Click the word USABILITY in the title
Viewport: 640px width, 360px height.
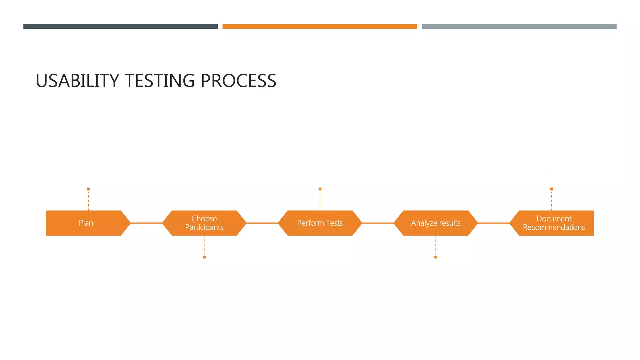tap(77, 81)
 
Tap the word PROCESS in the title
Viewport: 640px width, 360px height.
tap(238, 81)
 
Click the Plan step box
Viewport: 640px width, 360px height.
tap(86, 223)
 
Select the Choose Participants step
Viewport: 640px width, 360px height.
tap(204, 223)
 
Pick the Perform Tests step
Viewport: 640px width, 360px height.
tap(320, 223)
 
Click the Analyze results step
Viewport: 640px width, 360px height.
tap(436, 223)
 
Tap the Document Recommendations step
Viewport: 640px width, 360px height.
tap(553, 223)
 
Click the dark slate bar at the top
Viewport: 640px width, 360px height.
tap(120, 27)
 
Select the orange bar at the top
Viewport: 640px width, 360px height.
tap(320, 27)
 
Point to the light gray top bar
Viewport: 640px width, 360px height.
tap(519, 27)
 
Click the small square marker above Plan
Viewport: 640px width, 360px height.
tap(88, 189)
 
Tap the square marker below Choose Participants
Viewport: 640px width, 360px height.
tap(204, 257)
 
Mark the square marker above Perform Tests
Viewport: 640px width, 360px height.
tap(320, 189)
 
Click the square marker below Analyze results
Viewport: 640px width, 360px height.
tap(436, 257)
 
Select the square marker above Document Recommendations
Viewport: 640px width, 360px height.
tap(552, 189)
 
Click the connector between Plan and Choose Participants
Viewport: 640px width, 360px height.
tap(146, 223)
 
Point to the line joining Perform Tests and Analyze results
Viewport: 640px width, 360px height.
tap(378, 223)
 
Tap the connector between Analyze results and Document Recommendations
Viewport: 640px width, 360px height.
tap(494, 223)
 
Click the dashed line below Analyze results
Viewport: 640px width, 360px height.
tap(436, 246)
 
